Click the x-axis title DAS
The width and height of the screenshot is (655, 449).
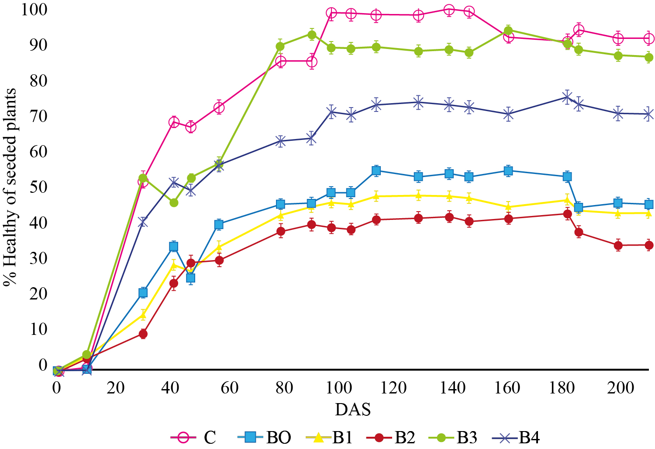(x=353, y=410)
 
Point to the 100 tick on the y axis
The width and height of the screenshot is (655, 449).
(x=34, y=9)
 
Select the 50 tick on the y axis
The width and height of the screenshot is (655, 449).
(x=39, y=187)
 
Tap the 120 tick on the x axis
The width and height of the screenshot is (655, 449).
(x=393, y=387)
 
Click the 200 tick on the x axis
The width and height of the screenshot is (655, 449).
(x=621, y=387)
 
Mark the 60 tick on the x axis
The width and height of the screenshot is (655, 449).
(x=230, y=387)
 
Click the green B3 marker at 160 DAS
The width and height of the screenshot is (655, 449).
(x=508, y=31)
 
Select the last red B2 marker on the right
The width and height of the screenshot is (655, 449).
(x=649, y=245)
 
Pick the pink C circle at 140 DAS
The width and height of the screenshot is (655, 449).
(x=449, y=10)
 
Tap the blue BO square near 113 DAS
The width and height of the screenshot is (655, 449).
(x=376, y=171)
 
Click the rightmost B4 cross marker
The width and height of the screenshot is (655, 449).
(x=649, y=114)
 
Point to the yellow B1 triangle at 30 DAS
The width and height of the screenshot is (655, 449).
(x=143, y=315)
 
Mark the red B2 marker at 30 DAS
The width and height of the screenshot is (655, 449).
(x=143, y=334)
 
